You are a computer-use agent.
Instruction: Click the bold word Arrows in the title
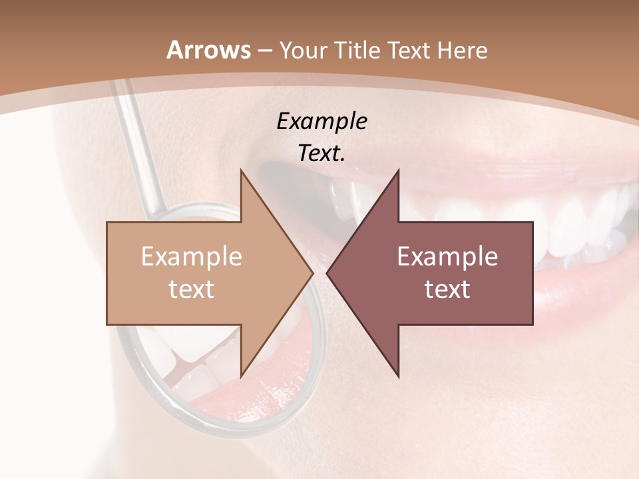208,50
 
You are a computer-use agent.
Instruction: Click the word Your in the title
302,50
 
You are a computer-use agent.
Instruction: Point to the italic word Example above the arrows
321,121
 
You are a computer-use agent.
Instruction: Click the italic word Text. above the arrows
321,153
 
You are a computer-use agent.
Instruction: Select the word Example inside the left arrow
192,257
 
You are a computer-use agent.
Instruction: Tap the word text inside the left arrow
192,289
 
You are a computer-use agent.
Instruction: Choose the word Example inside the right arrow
447,257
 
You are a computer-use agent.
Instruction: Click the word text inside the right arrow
447,289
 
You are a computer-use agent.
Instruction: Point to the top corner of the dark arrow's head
399,170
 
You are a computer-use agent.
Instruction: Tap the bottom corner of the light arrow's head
240,377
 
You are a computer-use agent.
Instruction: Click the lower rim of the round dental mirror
220,423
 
